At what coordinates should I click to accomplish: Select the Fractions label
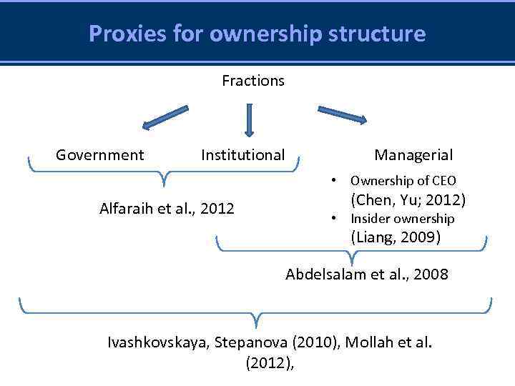click(253, 81)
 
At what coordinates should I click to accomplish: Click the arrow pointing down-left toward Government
click(165, 117)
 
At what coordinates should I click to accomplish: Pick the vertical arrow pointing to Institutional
click(249, 119)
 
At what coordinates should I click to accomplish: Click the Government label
click(100, 155)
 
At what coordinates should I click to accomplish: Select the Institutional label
click(242, 155)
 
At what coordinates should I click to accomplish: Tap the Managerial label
click(413, 155)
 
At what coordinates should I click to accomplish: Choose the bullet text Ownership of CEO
click(403, 181)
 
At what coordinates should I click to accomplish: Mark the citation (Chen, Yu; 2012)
click(408, 199)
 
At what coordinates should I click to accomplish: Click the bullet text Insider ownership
click(402, 219)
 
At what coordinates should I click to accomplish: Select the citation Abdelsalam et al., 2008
click(367, 274)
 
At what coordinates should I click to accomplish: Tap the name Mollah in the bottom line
click(374, 342)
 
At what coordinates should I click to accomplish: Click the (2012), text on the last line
click(270, 362)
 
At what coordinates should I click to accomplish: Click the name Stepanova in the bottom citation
click(235, 342)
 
